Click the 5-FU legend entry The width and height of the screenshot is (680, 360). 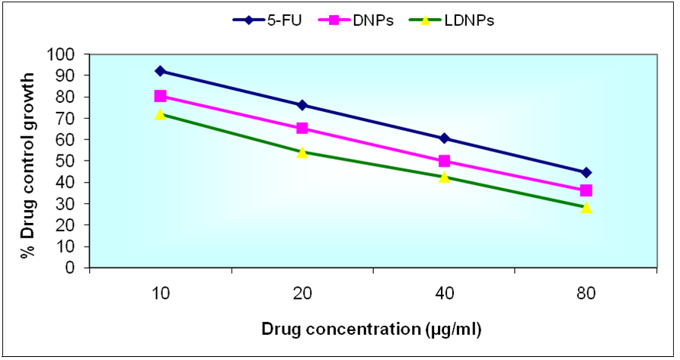266,21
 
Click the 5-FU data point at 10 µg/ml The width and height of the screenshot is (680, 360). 160,71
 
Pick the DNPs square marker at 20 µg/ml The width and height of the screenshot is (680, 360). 302,128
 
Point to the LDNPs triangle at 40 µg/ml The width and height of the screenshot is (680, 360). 444,177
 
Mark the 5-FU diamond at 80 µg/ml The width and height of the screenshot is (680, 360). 586,172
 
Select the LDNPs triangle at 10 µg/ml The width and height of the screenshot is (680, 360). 160,114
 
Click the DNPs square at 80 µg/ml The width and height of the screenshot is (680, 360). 586,190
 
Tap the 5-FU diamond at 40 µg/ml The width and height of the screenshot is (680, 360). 444,139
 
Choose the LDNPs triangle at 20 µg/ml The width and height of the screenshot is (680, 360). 302,152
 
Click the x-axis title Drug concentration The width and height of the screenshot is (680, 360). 372,329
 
